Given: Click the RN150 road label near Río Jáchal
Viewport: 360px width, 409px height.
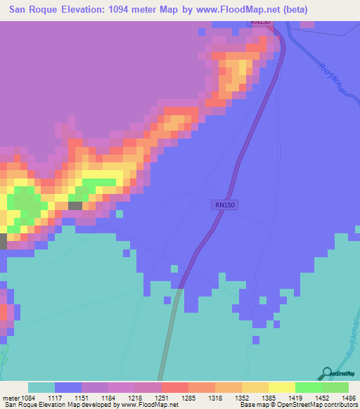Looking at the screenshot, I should pos(260,22).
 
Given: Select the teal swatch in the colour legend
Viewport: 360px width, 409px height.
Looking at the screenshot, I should pos(41,387).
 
